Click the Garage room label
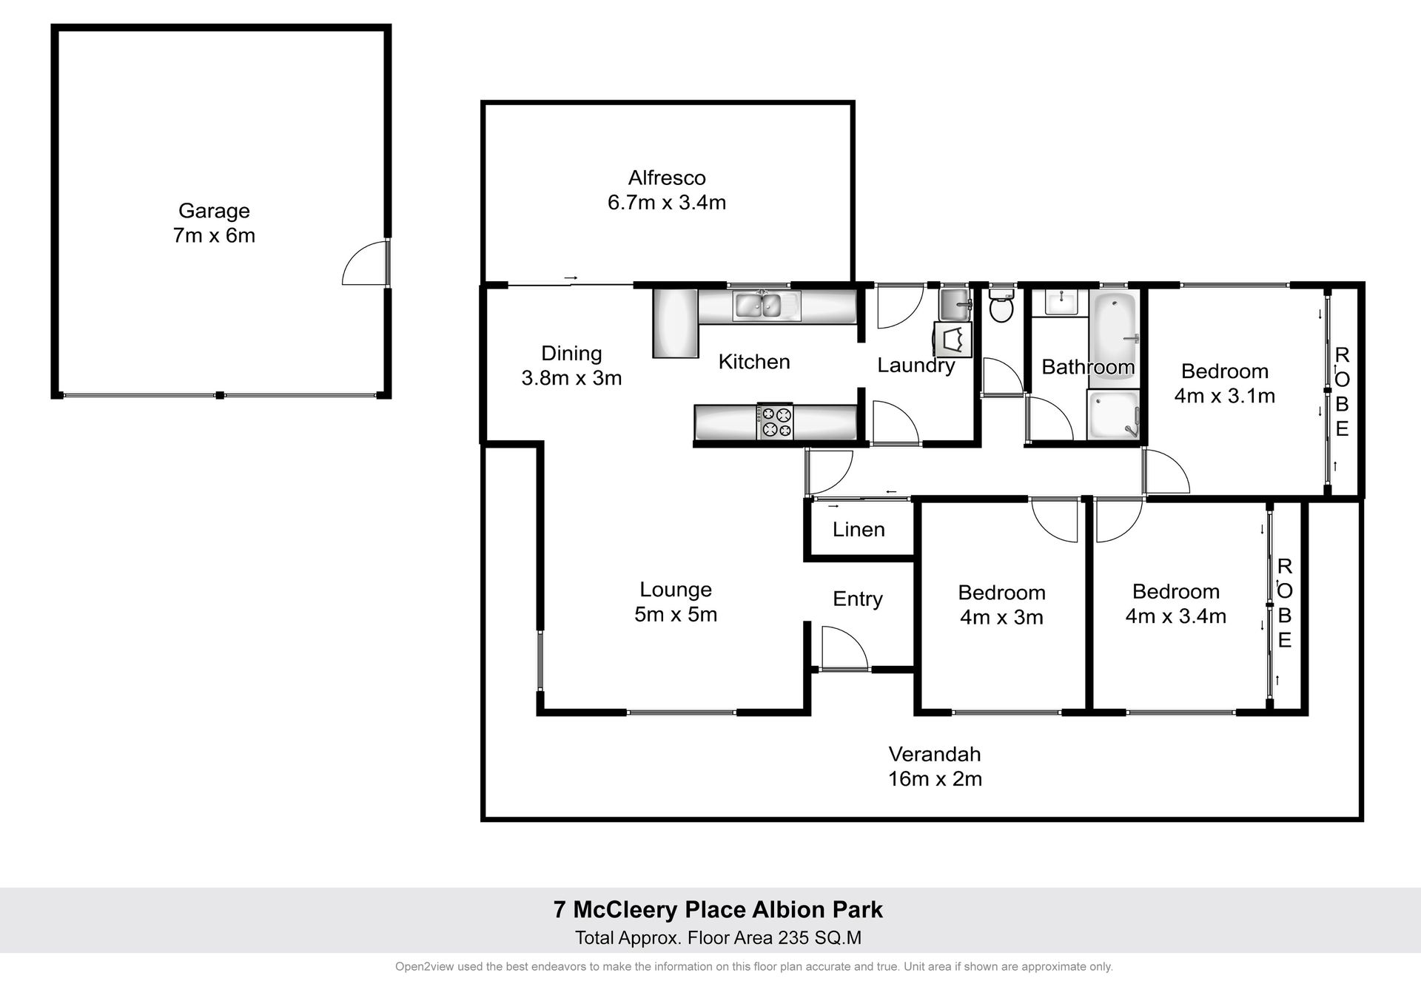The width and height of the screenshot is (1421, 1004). click(214, 211)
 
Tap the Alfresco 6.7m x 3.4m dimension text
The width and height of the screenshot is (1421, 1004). click(666, 202)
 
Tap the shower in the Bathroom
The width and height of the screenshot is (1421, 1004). click(1113, 415)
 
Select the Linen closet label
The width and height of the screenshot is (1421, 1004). click(859, 530)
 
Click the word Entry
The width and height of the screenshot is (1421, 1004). click(858, 599)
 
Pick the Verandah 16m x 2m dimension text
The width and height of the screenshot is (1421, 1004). click(935, 779)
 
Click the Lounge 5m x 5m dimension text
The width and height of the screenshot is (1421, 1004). click(676, 615)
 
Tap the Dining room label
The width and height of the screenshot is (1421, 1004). click(571, 354)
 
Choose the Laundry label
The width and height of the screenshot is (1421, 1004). click(916, 365)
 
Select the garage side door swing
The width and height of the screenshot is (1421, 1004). click(366, 262)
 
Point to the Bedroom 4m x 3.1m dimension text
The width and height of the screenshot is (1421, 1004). click(1225, 397)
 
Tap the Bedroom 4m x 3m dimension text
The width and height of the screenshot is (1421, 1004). click(1001, 618)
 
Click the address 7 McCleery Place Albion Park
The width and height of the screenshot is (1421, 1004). click(718, 910)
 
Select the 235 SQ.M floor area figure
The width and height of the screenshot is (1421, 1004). click(819, 938)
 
